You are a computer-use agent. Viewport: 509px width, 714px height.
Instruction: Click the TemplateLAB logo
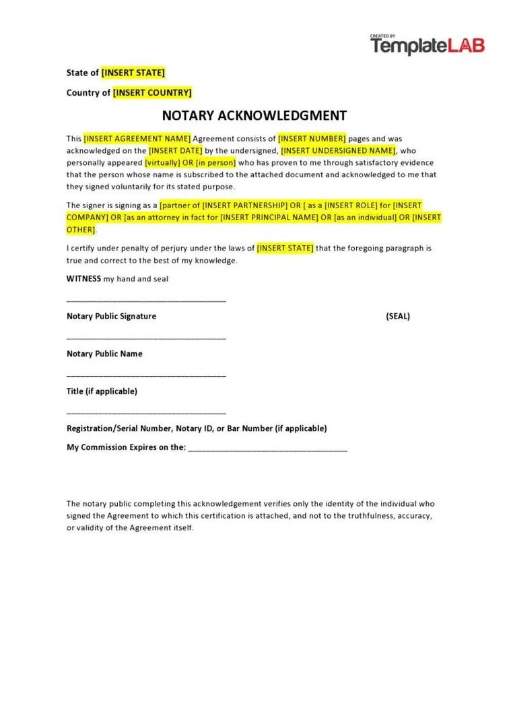tap(427, 45)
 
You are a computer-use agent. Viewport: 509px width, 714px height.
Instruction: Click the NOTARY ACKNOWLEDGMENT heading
tap(254, 115)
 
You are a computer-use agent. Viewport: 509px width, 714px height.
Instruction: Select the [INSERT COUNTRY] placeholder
tap(152, 93)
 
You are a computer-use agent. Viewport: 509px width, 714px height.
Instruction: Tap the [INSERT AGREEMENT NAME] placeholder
tap(137, 139)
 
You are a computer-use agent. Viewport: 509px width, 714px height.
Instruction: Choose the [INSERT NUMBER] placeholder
tap(312, 139)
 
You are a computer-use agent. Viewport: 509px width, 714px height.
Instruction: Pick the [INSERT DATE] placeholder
tap(175, 151)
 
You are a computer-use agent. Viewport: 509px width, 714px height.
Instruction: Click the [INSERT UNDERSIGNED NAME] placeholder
tap(339, 151)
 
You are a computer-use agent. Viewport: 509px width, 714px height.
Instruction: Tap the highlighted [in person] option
tap(215, 163)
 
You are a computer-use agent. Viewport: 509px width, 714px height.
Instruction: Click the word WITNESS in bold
tap(83, 279)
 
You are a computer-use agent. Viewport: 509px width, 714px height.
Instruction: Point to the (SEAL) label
tap(397, 317)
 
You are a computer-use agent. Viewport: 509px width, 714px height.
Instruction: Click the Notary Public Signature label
tap(111, 317)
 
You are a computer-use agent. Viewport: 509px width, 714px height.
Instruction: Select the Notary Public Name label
tap(104, 354)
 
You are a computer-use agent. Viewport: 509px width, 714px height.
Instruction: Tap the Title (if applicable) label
tap(102, 391)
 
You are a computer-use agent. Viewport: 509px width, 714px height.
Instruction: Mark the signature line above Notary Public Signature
tap(146, 300)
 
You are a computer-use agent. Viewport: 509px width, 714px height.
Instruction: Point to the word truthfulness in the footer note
tap(370, 516)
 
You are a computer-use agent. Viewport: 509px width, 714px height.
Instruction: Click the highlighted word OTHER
tap(81, 230)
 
